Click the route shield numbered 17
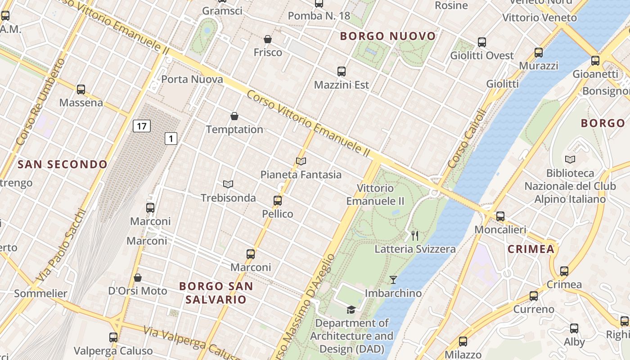coord(141,126)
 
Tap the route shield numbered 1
coord(171,139)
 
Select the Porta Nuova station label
coord(192,80)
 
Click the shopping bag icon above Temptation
coord(234,117)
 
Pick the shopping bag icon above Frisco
coord(268,40)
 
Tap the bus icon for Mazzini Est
coord(342,72)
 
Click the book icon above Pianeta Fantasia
coord(301,161)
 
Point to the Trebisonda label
coord(228,198)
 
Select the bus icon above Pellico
coord(278,201)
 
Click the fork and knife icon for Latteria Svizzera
coord(415,235)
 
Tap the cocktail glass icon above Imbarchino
coord(393,280)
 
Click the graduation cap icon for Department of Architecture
coord(351,310)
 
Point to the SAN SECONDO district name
coord(63,165)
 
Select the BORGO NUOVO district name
coord(388,36)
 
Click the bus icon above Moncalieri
coord(500,216)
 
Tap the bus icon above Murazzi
coord(539,53)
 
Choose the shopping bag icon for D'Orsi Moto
coord(138,278)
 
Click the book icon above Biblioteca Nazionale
coord(570,160)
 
